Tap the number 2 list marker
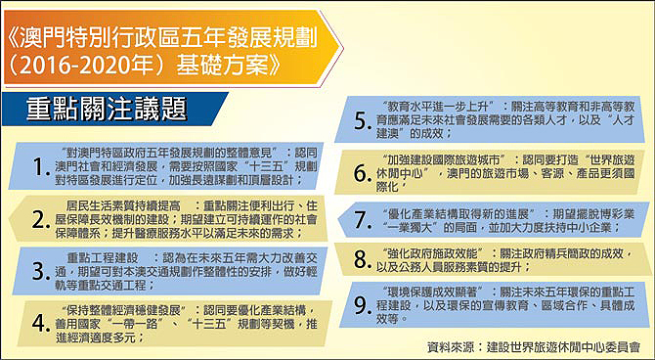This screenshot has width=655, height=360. tap(41, 222)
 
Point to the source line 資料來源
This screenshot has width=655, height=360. tap(534, 345)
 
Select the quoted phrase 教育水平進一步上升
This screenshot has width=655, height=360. tap(441, 104)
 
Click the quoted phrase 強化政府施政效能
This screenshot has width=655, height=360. tap(435, 253)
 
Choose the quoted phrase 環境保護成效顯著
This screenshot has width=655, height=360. tap(435, 291)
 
